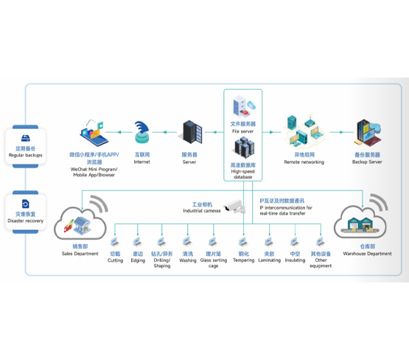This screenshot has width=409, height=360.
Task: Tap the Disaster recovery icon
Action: (25, 204)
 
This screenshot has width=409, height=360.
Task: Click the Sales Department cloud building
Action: (80, 224)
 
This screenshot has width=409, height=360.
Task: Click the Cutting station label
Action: (115, 257)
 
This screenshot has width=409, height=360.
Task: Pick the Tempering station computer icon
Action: (243, 241)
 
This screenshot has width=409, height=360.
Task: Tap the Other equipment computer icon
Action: (320, 241)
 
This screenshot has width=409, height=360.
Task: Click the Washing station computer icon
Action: (187, 241)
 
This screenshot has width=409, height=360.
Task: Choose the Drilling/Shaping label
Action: (162, 260)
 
